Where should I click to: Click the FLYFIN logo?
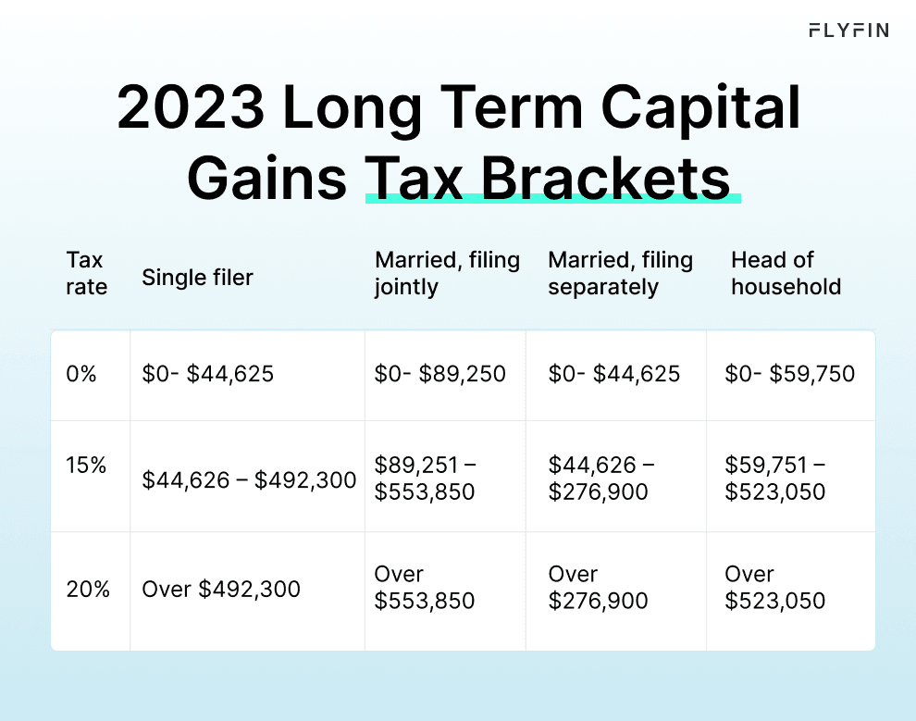pyautogui.click(x=848, y=31)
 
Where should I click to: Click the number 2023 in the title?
pyautogui.click(x=189, y=108)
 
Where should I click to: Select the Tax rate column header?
pyautogui.click(x=86, y=273)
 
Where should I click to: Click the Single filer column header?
pyautogui.click(x=197, y=277)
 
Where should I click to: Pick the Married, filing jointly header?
pyautogui.click(x=447, y=273)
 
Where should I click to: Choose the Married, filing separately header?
pyautogui.click(x=620, y=273)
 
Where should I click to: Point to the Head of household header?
pyautogui.click(x=786, y=273)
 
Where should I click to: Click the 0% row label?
pyautogui.click(x=82, y=374)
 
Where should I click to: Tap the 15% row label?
pyautogui.click(x=86, y=466)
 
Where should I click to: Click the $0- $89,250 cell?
pyautogui.click(x=439, y=374)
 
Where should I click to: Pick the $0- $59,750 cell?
pyautogui.click(x=789, y=374)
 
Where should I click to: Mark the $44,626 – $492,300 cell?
pyautogui.click(x=248, y=480)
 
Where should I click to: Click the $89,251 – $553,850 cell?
pyautogui.click(x=425, y=479)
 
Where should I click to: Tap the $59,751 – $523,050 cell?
pyautogui.click(x=775, y=479)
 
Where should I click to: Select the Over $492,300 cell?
pyautogui.click(x=220, y=589)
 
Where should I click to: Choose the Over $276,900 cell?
pyautogui.click(x=598, y=588)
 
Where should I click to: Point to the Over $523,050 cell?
pyautogui.click(x=775, y=588)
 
